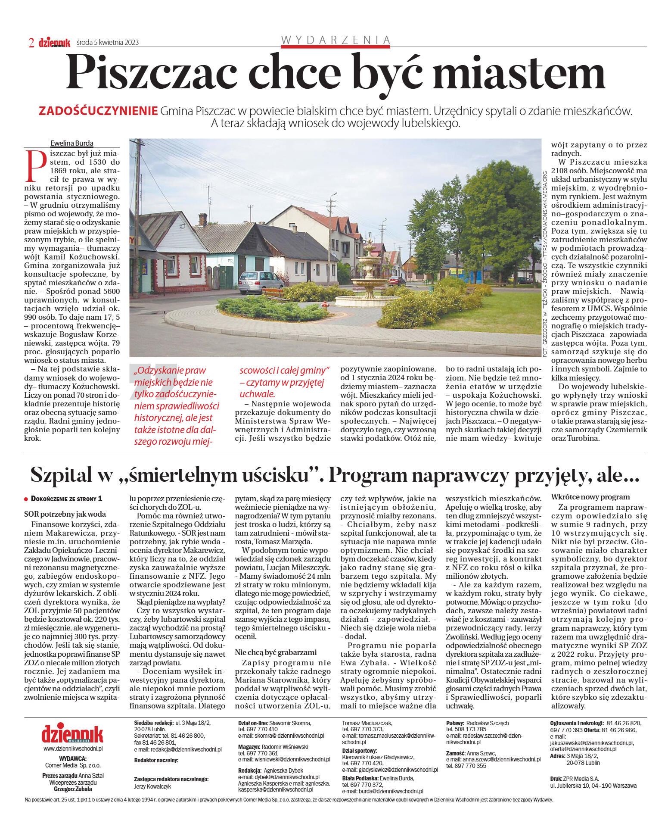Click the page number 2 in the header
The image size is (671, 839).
click(31, 43)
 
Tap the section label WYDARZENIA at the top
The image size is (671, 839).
click(335, 40)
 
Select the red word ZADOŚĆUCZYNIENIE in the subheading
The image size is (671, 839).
click(98, 111)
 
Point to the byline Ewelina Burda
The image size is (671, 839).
click(72, 143)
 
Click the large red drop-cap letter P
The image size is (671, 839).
click(37, 166)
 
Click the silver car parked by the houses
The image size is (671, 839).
click(260, 282)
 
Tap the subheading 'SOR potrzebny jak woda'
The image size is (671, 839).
click(65, 514)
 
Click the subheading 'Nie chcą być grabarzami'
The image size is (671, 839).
click(276, 652)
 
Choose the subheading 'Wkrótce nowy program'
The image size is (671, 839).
click(590, 497)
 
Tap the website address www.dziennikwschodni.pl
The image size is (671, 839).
click(73, 749)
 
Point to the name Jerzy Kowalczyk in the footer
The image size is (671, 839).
click(152, 786)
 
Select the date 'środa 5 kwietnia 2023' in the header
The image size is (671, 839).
click(108, 42)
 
